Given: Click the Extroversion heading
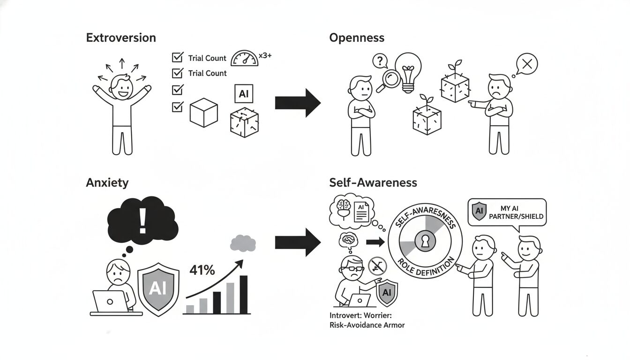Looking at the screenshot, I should tap(121, 38).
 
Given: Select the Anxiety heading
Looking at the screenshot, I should tap(107, 182).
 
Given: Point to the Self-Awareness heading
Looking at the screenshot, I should tap(373, 182).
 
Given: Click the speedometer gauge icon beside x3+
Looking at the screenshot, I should tap(245, 59).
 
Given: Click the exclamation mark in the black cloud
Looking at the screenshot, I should tap(142, 221).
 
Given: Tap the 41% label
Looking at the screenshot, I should tap(202, 270).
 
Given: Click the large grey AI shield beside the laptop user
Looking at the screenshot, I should tap(158, 287).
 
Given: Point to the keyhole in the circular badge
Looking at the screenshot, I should tap(425, 241).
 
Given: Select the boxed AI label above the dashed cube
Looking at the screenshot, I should tap(243, 94).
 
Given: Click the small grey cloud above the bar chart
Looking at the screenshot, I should tap(243, 243).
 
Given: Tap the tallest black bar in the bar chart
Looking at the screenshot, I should tap(243, 294).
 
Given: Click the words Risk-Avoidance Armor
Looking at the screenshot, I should tap(367, 325).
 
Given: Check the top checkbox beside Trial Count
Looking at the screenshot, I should tap(178, 58).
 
